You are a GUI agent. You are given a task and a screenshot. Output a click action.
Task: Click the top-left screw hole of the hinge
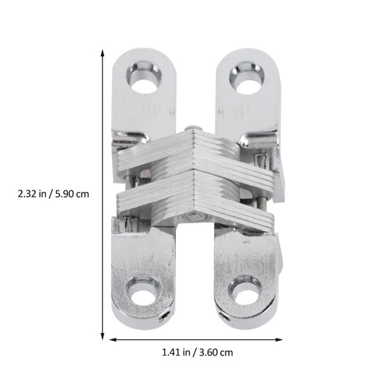pos(144,77)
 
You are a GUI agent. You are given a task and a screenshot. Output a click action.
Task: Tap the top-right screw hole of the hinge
pos(247,77)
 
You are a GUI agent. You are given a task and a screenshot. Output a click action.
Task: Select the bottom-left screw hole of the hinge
pos(142,293)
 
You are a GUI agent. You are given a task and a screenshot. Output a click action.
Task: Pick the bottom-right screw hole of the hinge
pos(245,293)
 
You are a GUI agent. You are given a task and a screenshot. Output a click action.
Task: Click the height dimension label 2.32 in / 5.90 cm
pos(54,194)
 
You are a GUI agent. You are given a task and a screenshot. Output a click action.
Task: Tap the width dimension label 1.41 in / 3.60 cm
pos(198,352)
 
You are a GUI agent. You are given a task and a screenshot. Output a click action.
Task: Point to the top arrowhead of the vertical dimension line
pos(103,53)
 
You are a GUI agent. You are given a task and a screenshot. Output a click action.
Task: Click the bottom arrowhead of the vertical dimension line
pos(103,335)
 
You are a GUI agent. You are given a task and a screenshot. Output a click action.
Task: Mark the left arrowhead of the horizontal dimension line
pos(113,339)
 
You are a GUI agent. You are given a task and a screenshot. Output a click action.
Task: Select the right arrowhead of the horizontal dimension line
pos(279,339)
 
